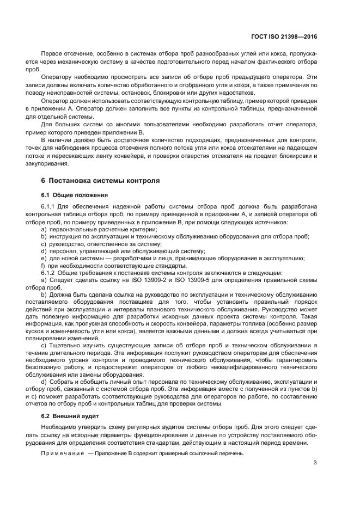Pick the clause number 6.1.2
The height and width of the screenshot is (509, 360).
tap(49, 272)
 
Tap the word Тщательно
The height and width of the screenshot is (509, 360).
tap(65, 345)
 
